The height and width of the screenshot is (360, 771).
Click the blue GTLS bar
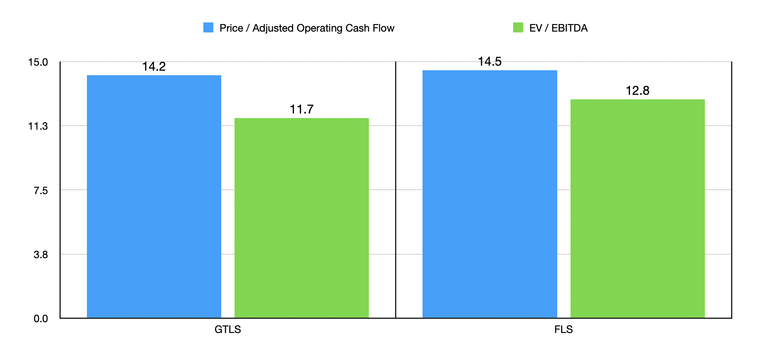click(x=154, y=196)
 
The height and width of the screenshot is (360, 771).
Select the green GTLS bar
click(x=301, y=218)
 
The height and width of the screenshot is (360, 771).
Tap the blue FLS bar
click(x=489, y=194)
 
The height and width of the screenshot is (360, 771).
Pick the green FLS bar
click(x=638, y=208)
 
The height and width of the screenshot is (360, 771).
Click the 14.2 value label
click(x=154, y=67)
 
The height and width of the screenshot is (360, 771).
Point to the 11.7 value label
click(x=301, y=109)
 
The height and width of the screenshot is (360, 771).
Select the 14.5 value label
click(x=489, y=62)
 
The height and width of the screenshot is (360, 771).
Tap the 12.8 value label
click(x=638, y=91)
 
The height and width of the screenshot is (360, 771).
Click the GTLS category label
click(x=227, y=330)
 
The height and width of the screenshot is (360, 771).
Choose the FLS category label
click(x=563, y=330)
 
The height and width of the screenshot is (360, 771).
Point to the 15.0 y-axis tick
click(x=38, y=62)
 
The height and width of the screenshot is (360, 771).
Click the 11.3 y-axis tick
click(x=38, y=126)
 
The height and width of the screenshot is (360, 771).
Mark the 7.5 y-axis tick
click(x=40, y=190)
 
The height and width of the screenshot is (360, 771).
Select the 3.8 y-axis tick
click(x=40, y=254)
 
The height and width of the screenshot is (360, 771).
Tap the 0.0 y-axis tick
click(x=40, y=319)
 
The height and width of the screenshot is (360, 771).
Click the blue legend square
click(x=208, y=28)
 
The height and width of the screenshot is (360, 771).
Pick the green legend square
click(x=518, y=28)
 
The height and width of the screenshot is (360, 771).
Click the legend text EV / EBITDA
click(x=558, y=28)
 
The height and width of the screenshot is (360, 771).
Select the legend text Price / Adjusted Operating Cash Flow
click(x=307, y=28)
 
